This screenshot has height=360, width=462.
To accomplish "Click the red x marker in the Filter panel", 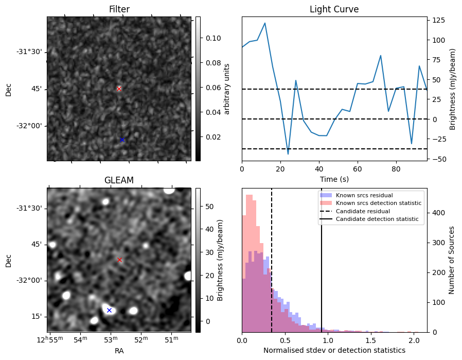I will coord(119,89).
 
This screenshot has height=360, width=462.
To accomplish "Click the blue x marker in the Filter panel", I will coord(122,140).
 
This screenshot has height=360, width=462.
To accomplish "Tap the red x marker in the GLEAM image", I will coord(119,260).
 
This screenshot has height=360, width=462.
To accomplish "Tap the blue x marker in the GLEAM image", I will coord(109,310).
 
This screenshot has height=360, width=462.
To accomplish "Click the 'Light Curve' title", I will coord(334,9).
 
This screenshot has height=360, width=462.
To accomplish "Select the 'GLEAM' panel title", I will coord(119,180).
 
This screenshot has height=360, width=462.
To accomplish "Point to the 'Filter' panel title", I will coord(119,9).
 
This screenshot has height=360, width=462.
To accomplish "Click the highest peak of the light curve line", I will coord(265,23).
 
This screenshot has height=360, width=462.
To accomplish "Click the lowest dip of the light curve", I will coord(288,154).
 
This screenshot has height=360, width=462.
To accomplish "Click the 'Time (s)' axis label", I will coord(334,178).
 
